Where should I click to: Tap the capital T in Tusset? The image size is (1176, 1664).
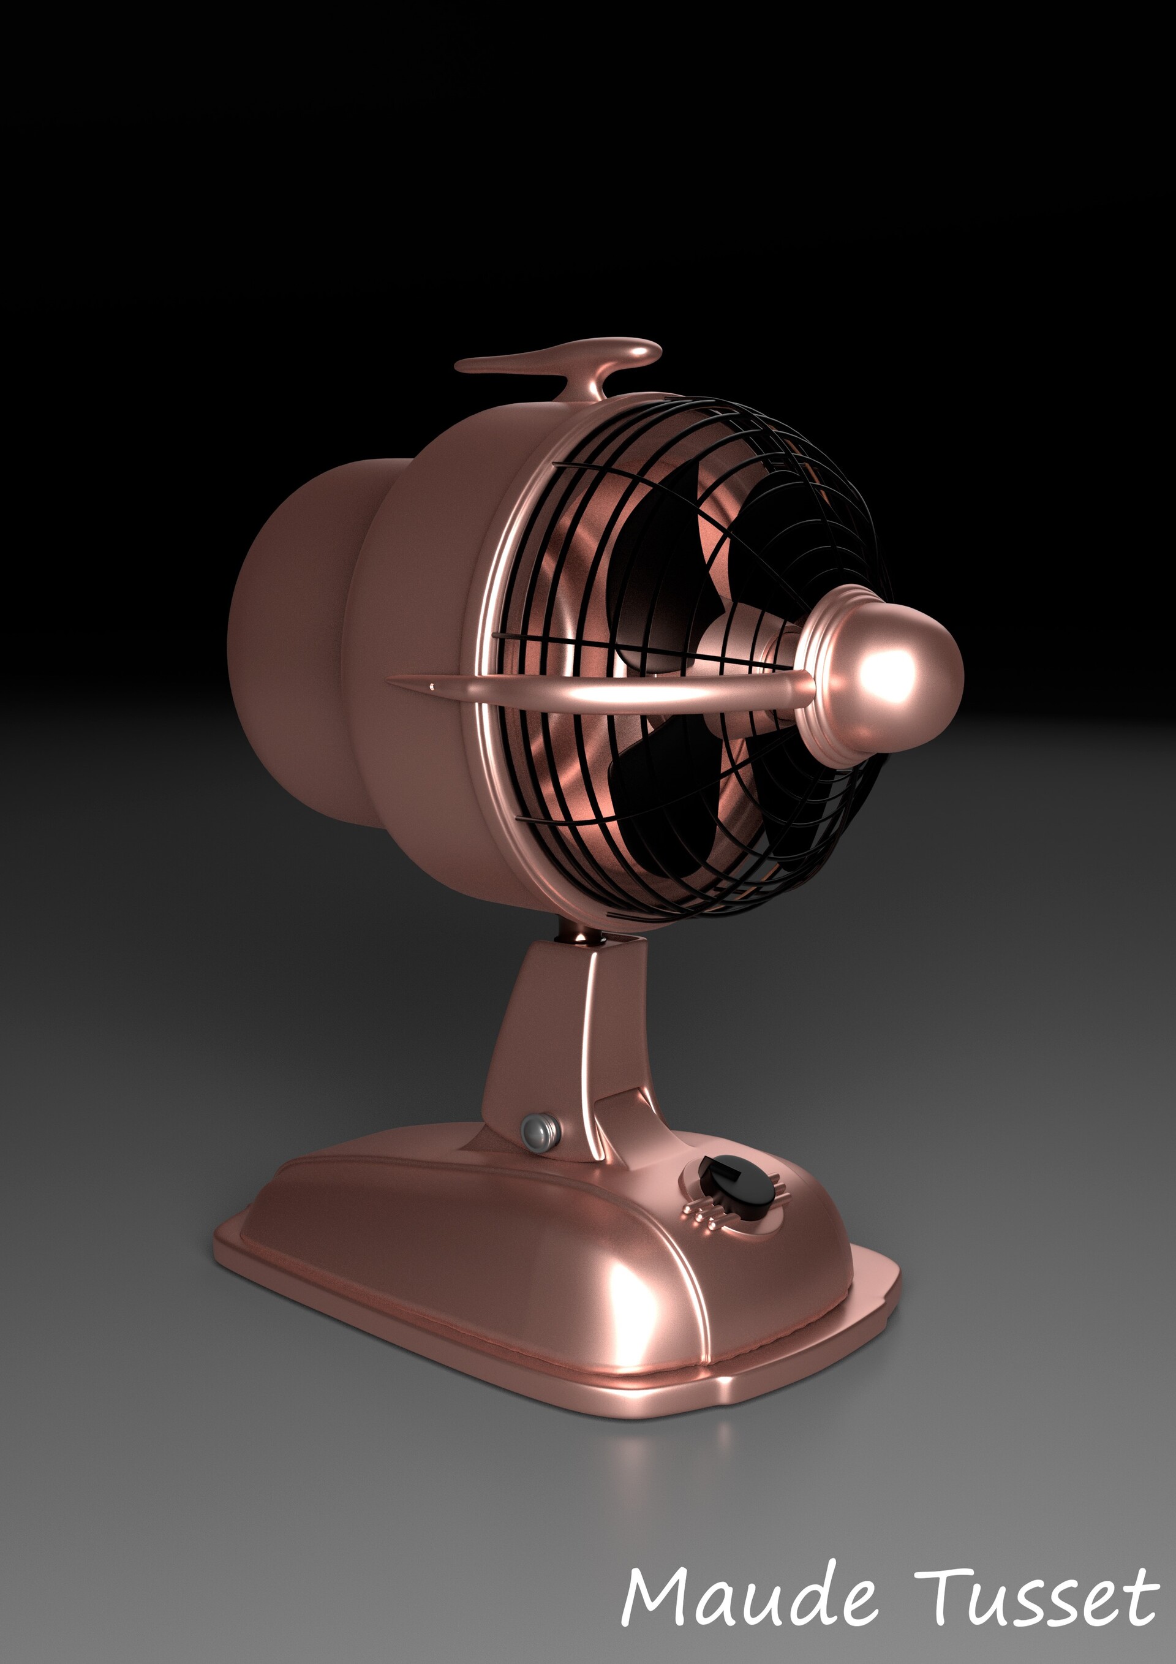941,1594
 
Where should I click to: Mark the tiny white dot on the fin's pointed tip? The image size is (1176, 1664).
432,686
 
